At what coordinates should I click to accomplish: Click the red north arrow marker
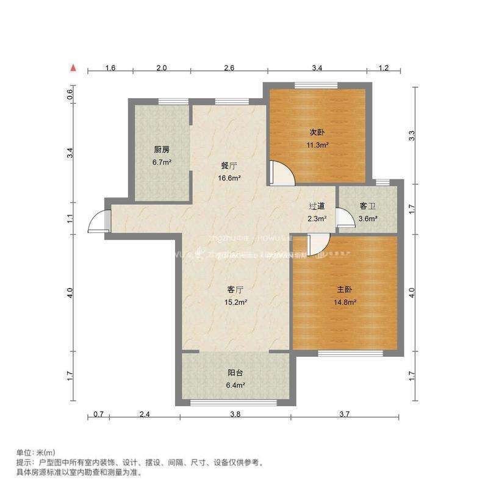(73, 68)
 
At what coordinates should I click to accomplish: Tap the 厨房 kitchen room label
(162, 149)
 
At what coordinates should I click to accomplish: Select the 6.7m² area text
(162, 163)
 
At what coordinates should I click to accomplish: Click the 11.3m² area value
(317, 145)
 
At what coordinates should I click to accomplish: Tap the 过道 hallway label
(317, 206)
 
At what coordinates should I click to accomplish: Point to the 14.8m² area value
(345, 301)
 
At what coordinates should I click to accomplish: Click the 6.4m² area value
(236, 385)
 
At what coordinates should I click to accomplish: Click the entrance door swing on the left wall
(97, 221)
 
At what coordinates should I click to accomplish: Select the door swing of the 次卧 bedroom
(282, 172)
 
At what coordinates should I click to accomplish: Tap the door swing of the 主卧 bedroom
(318, 245)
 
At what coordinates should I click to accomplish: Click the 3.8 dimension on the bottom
(235, 414)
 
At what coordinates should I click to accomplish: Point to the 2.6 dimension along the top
(229, 68)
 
